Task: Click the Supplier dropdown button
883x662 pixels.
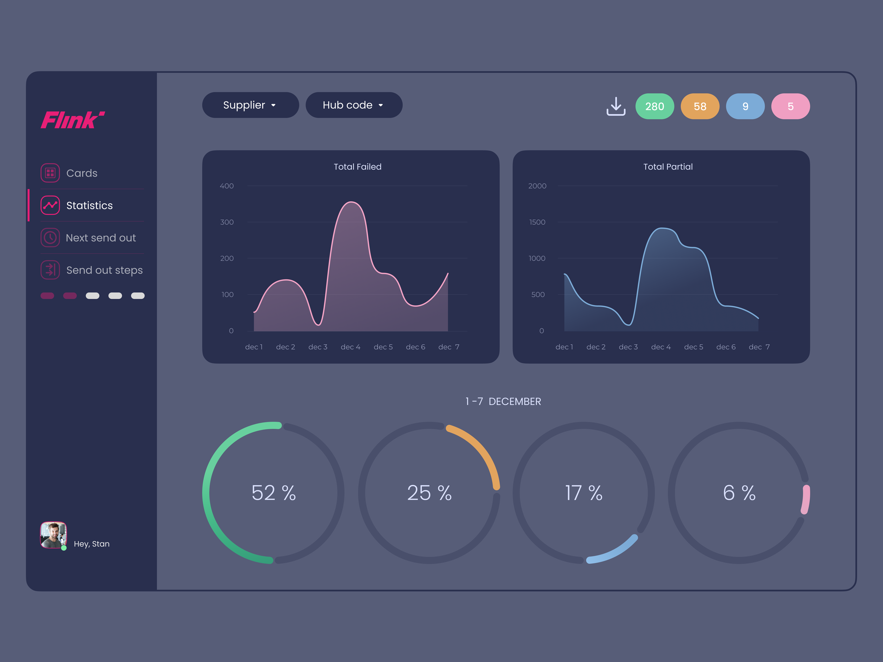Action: pos(250,105)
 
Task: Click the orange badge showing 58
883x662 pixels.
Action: pos(700,107)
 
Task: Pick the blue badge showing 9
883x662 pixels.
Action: pos(745,107)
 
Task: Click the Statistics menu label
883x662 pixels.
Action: pos(89,205)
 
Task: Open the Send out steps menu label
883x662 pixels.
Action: pos(104,270)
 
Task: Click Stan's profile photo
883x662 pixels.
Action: pos(53,535)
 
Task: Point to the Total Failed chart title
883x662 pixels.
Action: pos(357,167)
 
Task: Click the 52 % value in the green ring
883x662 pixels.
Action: pos(273,493)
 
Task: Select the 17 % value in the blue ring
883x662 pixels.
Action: pos(583,493)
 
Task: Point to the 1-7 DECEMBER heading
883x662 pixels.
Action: pos(503,401)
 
